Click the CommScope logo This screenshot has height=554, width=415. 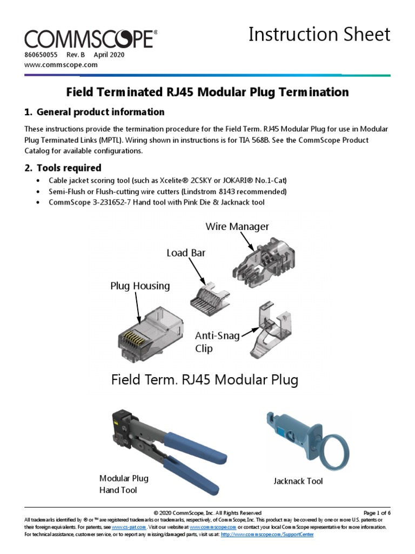point(91,39)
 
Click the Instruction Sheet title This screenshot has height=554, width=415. point(319,35)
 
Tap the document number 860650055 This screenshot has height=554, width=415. point(41,55)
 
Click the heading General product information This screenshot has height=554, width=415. point(95,112)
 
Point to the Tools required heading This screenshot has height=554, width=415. point(63,168)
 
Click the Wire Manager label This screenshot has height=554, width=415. point(237,226)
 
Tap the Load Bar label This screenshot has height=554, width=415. point(186,253)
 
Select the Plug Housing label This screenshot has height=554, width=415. point(140,285)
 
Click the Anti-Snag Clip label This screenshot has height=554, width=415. point(215,342)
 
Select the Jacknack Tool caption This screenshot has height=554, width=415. point(298,481)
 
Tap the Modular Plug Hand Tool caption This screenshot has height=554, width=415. point(124,484)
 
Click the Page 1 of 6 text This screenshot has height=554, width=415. point(377,513)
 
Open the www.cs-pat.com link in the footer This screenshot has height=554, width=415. point(125,526)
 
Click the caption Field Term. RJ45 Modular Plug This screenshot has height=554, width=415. point(204,380)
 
